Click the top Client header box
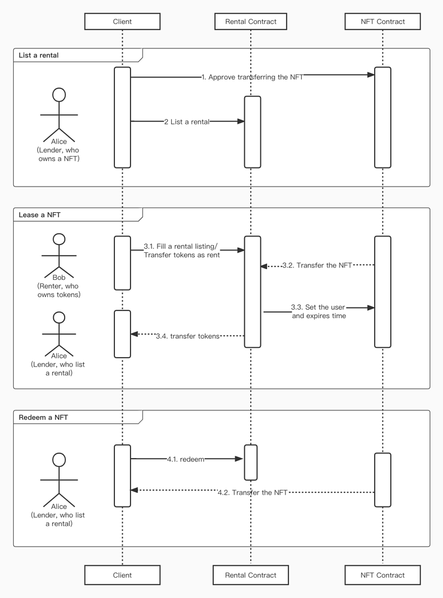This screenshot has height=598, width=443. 122,22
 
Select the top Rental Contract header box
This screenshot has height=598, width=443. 251,22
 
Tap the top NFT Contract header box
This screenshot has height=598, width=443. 383,22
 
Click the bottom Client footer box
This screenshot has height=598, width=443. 122,575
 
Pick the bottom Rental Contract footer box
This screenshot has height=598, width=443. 251,575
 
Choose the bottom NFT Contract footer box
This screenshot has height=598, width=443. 383,575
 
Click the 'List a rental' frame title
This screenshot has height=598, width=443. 39,56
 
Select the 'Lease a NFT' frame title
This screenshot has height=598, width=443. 40,215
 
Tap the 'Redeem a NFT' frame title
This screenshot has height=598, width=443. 43,417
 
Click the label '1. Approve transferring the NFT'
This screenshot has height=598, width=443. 252,77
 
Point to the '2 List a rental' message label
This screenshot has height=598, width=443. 187,122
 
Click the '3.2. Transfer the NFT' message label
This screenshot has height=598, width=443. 317,266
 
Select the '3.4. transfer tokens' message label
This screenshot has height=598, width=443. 187,336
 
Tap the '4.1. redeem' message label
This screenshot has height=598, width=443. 186,459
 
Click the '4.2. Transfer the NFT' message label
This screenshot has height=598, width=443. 252,492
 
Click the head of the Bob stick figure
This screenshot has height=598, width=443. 59,239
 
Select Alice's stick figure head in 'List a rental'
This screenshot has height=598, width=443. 59,94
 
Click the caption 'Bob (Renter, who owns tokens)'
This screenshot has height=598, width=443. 59,286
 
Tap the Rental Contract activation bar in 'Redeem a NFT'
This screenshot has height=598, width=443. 251,462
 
